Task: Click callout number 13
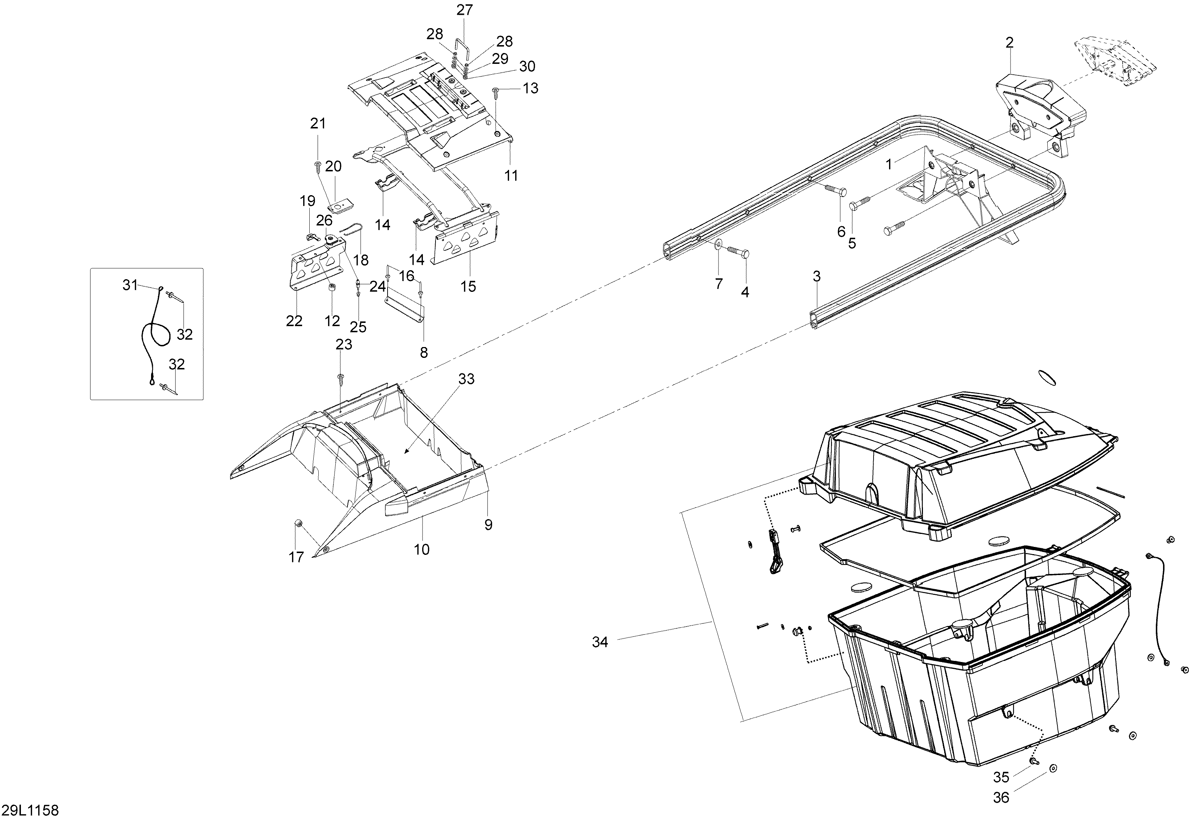click(530, 88)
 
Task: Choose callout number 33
click(466, 379)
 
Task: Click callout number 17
click(296, 557)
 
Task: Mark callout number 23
click(344, 344)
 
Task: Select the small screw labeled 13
click(496, 92)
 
